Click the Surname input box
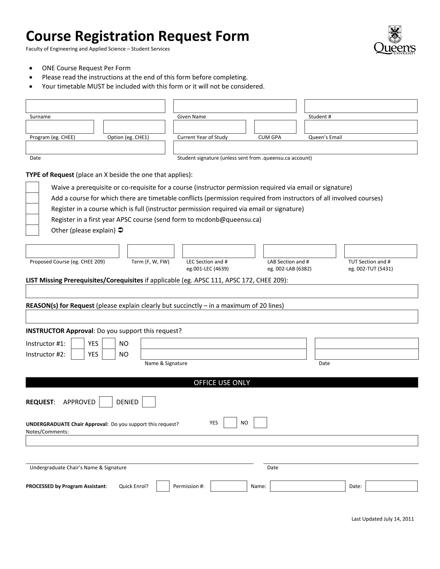[95, 106]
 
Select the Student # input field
[361, 106]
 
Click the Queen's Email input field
[361, 127]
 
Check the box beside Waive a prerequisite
[32, 187]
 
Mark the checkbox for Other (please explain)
[32, 230]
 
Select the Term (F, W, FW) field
[151, 251]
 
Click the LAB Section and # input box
[299, 251]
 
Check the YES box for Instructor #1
[78, 343]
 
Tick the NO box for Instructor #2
[109, 354]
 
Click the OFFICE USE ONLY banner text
[222, 383]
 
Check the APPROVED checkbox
[106, 402]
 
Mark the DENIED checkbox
[149, 402]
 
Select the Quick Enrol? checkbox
[163, 486]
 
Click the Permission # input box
[229, 486]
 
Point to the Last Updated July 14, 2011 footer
[382, 519]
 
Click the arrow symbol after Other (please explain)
[121, 230]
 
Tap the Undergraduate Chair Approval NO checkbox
[260, 422]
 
